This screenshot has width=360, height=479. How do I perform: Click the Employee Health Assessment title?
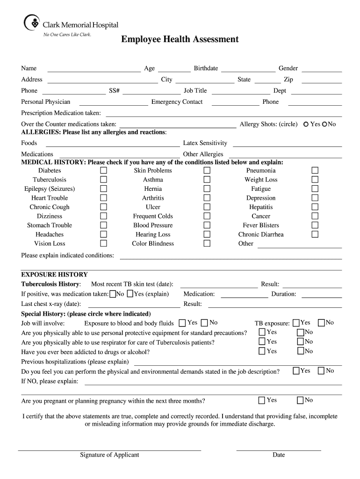click(x=180, y=39)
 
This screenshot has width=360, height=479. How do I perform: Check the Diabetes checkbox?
click(x=103, y=171)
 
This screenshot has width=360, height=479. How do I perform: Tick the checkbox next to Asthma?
click(x=207, y=180)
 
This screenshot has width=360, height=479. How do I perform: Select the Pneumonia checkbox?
click(x=315, y=171)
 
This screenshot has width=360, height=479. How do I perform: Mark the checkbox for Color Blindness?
click(x=207, y=243)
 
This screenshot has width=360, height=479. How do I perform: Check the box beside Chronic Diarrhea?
click(x=315, y=234)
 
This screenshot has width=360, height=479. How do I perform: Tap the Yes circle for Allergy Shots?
click(x=306, y=124)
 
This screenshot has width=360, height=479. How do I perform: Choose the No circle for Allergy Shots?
click(x=324, y=124)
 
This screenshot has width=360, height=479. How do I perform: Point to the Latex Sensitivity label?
click(x=205, y=143)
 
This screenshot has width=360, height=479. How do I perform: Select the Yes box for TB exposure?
click(x=296, y=323)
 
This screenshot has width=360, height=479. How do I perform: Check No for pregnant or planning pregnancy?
click(x=300, y=400)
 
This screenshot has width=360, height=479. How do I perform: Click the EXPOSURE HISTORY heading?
click(x=54, y=275)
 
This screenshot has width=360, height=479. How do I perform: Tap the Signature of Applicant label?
click(x=109, y=455)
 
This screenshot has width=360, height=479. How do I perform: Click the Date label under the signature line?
click(x=279, y=455)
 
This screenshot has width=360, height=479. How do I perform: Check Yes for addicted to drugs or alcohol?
click(x=262, y=351)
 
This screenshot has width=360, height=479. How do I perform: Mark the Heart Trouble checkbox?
click(x=103, y=198)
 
